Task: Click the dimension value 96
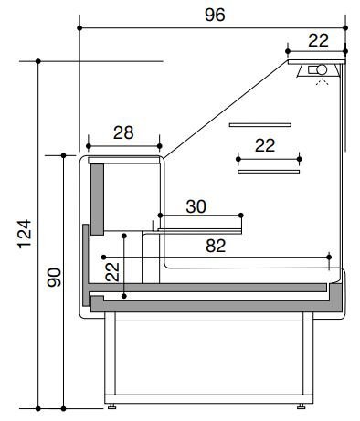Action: pos(215,15)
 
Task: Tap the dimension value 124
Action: pos(25,234)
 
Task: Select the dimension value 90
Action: pos(54,278)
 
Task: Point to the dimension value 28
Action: pos(123,132)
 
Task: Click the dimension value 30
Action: pos(196,206)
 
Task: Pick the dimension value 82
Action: pos(216,246)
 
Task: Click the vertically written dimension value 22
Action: pos(112,272)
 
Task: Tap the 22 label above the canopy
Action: pos(318,40)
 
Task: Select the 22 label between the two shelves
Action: pos(265,145)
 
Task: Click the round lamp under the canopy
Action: pos(322,69)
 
